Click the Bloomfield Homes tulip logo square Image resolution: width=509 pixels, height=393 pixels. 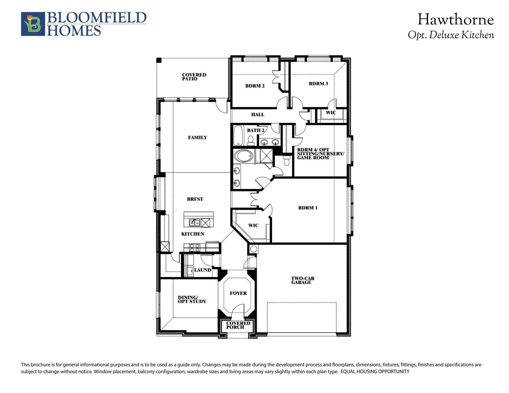(x=33, y=24)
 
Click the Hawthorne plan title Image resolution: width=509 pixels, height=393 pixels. (x=456, y=20)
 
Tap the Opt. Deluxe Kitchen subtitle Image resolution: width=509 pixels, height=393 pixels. (x=451, y=35)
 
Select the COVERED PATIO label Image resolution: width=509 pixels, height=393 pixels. (x=194, y=77)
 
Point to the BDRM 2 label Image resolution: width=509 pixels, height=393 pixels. (x=255, y=86)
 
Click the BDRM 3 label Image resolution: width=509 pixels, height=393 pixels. (x=318, y=84)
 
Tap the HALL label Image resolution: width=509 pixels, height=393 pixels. (x=258, y=115)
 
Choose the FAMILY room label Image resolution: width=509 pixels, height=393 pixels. (x=197, y=138)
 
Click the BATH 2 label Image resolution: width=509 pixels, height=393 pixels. (x=256, y=130)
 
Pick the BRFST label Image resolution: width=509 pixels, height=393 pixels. (x=195, y=199)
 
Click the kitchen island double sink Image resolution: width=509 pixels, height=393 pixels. (x=195, y=223)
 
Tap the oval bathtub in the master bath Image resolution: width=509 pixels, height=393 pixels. (x=244, y=156)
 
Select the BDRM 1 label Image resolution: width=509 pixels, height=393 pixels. (x=308, y=208)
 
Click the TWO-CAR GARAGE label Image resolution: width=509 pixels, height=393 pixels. (x=303, y=281)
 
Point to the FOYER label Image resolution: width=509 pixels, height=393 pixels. (x=238, y=293)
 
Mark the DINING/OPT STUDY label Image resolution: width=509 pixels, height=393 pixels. (x=192, y=300)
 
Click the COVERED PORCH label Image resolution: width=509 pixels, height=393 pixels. (x=238, y=325)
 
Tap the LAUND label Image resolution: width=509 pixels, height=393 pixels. (x=203, y=270)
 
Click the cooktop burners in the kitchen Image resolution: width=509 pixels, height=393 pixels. (x=194, y=248)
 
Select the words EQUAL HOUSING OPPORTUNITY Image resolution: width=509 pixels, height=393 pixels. (x=375, y=372)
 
